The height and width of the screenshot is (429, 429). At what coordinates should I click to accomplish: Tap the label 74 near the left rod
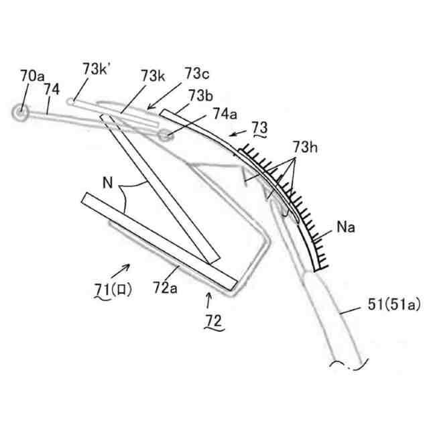point(52,88)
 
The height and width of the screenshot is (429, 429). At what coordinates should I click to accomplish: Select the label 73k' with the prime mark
point(99,69)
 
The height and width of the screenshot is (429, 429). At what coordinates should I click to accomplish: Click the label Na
point(345,228)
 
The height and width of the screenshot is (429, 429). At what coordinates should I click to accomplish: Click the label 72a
point(166,288)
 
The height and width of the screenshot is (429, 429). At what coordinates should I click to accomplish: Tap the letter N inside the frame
point(107,182)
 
